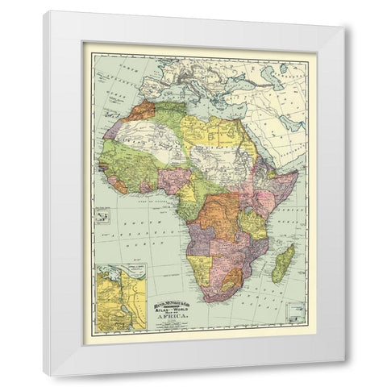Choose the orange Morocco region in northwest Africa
(x=139, y=111)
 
